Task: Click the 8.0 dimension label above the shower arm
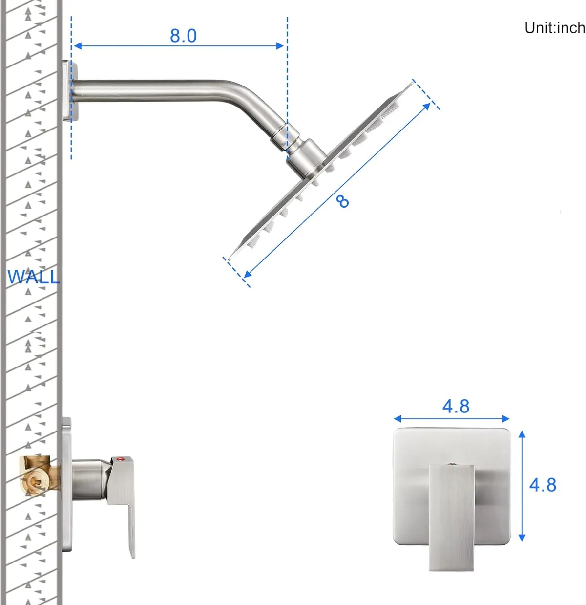183,36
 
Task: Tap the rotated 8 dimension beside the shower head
343,201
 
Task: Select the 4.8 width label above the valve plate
456,406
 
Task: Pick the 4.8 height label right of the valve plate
543,485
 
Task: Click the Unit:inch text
554,28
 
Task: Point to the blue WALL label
33,277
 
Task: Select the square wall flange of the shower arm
68,90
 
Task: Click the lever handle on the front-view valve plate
451,516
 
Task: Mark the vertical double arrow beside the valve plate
522,486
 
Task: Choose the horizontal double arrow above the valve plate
451,419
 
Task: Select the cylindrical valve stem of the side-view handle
88,479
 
